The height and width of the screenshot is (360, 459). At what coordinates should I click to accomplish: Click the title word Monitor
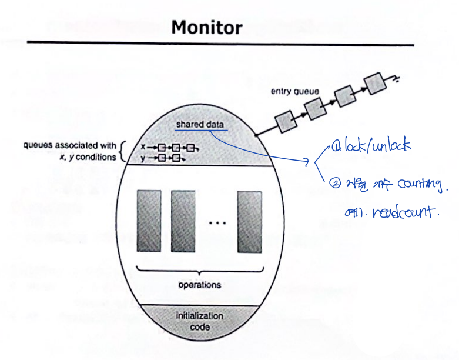[206, 27]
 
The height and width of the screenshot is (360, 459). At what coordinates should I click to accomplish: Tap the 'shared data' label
[199, 125]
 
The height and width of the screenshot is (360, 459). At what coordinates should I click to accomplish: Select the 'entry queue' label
[294, 91]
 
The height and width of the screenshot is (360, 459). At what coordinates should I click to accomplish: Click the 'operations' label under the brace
[199, 285]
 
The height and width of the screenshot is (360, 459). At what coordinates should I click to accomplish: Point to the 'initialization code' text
[199, 321]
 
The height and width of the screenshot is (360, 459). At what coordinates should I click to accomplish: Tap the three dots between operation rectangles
[217, 223]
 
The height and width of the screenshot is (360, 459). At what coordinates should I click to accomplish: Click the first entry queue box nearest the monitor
[286, 122]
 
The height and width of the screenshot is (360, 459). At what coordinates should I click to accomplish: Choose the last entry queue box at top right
[373, 85]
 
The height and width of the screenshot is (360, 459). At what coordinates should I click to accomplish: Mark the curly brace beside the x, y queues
[122, 152]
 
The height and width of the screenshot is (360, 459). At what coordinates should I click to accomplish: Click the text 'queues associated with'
[69, 146]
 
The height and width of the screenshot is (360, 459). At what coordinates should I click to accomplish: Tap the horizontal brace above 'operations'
[199, 271]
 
